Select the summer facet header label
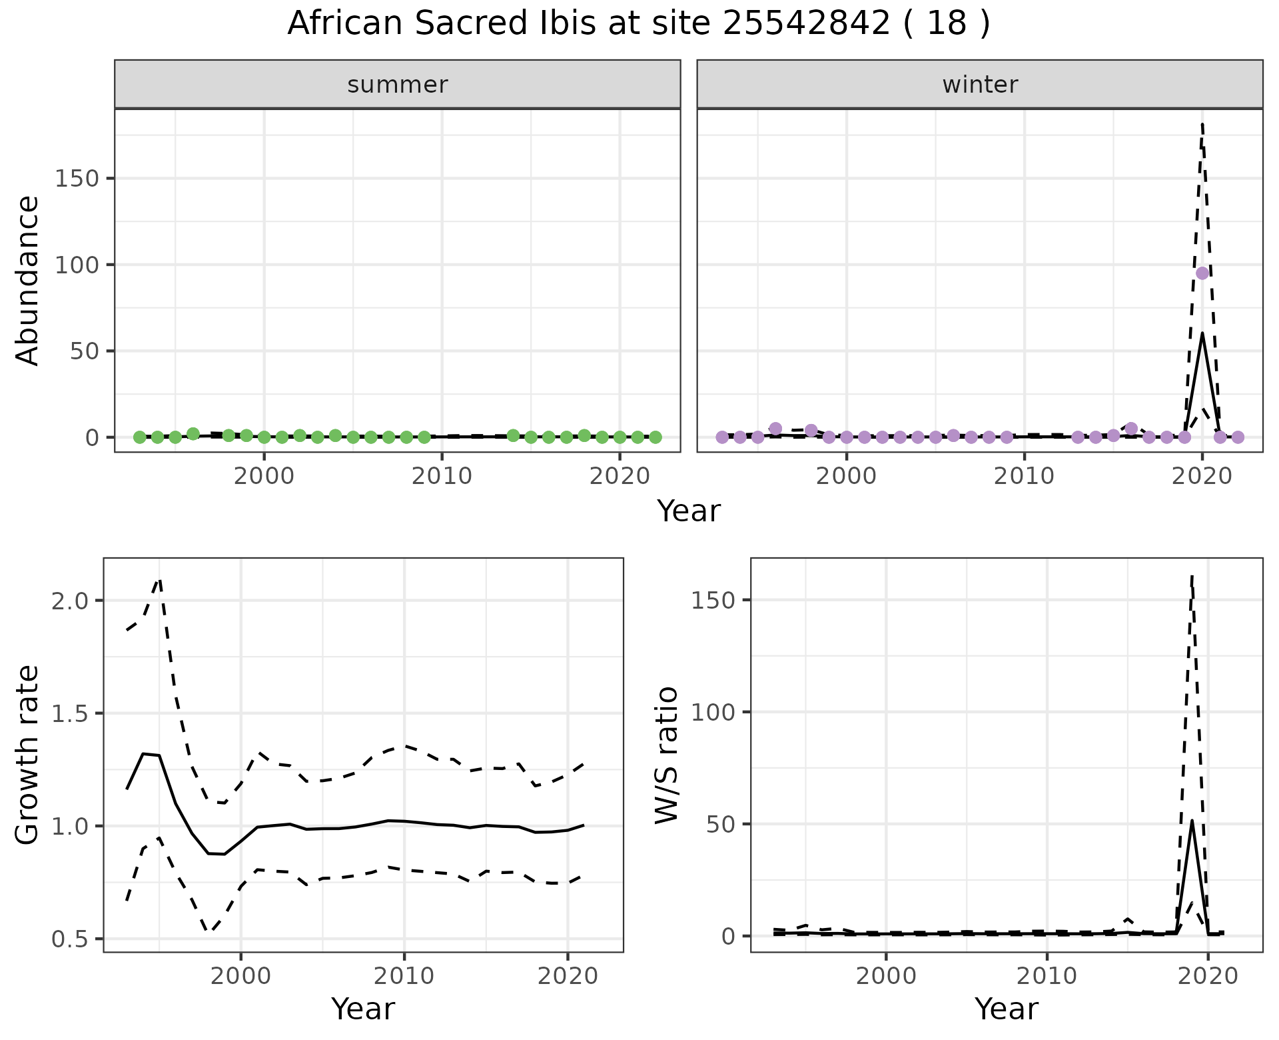coord(398,85)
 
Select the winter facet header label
coord(980,85)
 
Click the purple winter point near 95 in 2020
coord(1202,273)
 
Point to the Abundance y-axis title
coord(28,281)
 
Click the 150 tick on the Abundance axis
coord(77,179)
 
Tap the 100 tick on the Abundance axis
coord(77,265)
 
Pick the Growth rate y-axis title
coord(28,755)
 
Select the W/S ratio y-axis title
coord(666,755)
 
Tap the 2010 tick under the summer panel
coord(442,477)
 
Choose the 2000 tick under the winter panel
coord(847,477)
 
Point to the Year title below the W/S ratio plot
coord(1006,1009)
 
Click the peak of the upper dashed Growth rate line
coord(159,579)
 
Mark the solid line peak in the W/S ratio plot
coord(1192,821)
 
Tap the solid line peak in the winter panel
coord(1202,333)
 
